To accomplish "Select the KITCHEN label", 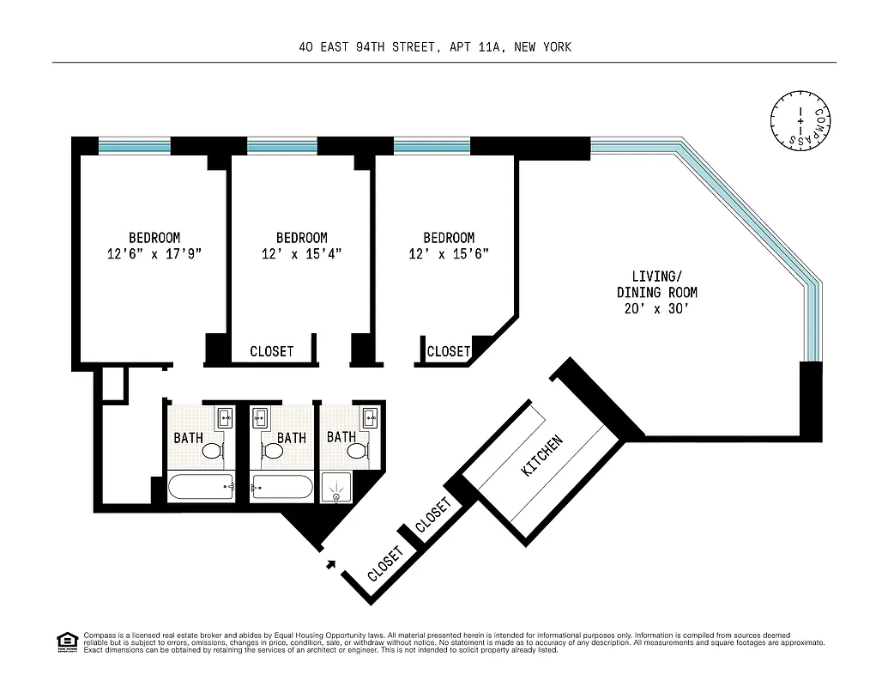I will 542,456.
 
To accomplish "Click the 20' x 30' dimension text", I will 657,308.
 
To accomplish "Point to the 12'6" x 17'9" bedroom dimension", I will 154,253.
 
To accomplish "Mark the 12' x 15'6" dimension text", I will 449,253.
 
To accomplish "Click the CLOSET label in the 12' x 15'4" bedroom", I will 271,351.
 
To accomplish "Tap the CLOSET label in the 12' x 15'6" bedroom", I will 448,351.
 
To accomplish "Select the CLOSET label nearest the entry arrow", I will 384,564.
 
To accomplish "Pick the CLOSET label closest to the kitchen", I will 432,515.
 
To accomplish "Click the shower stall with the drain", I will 335,488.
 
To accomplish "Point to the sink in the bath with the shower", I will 370,418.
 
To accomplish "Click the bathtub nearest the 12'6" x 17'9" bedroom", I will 201,488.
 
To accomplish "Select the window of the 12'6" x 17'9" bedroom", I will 135,146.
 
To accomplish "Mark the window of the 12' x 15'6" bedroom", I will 432,146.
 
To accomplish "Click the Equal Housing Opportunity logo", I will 67,641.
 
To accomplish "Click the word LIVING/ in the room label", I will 657,276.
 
